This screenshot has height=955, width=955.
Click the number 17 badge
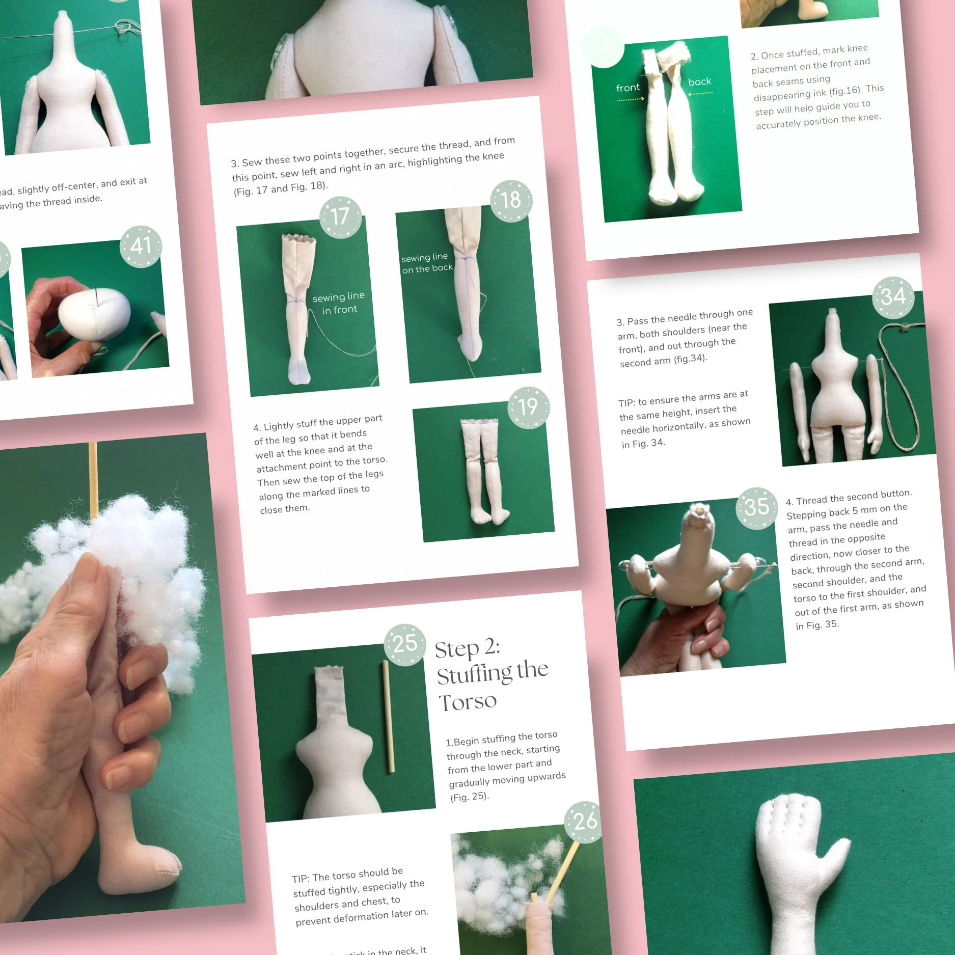[340, 217]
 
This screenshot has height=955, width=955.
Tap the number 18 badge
[510, 201]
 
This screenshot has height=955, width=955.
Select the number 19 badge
[528, 407]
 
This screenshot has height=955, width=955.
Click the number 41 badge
[141, 247]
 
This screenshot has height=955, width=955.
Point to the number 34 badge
[893, 297]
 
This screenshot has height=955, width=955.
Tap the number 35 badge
[756, 508]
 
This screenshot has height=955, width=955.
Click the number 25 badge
[405, 644]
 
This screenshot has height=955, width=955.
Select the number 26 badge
[585, 822]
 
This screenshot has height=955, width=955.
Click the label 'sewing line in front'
[339, 303]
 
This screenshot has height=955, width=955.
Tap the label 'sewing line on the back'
[426, 263]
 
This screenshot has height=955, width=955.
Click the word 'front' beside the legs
[627, 88]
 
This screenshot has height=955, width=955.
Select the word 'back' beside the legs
[699, 81]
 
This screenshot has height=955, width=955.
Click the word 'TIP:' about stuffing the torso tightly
[301, 879]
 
